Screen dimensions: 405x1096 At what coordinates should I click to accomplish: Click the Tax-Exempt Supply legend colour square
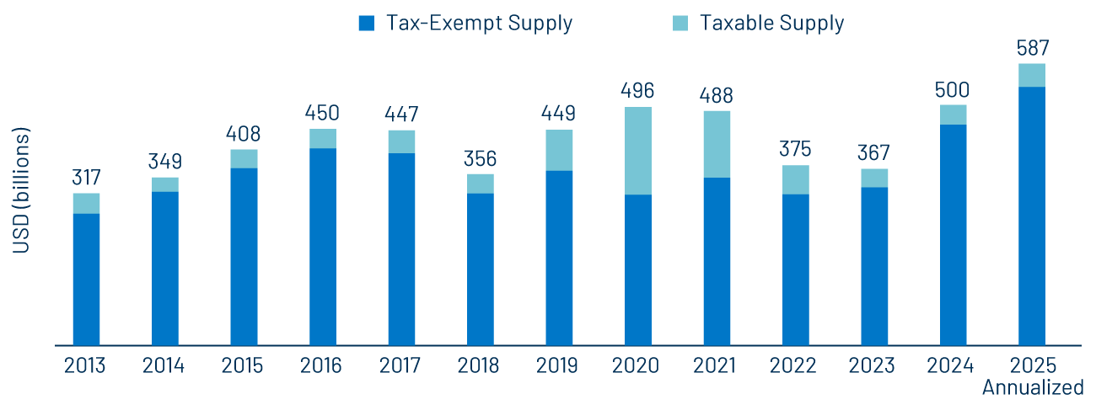(366, 24)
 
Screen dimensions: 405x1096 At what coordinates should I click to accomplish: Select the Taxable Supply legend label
(771, 24)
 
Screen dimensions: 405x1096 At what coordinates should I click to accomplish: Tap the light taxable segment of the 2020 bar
(637, 151)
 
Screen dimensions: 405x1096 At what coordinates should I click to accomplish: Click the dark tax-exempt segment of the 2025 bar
(1032, 216)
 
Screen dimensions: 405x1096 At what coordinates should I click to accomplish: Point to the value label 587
(1032, 48)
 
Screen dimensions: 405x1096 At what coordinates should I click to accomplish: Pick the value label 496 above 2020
(637, 91)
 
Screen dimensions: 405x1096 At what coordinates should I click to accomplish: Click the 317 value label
(86, 178)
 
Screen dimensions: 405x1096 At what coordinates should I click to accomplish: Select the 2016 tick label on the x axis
(321, 366)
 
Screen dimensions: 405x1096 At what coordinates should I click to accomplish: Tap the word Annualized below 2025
(1032, 388)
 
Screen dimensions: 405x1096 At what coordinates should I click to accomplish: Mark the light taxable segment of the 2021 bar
(717, 144)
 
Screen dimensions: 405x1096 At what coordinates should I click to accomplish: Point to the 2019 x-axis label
(557, 366)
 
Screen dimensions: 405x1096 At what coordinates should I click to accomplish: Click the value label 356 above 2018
(480, 158)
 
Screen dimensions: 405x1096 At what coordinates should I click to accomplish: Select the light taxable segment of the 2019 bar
(559, 150)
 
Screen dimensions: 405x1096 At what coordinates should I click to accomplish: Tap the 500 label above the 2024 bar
(953, 89)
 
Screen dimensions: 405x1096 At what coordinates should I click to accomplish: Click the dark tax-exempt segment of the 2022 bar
(795, 269)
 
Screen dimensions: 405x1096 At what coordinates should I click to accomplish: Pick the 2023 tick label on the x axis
(874, 366)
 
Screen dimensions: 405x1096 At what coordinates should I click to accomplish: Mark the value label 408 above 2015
(244, 134)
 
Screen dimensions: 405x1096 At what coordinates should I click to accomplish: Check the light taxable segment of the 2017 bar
(401, 141)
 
